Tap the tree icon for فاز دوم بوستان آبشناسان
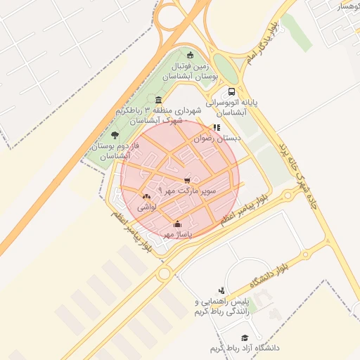[115, 135]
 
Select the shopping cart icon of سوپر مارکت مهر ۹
[186, 181]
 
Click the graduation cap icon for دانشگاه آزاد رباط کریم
[245, 338]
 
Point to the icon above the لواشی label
[146, 197]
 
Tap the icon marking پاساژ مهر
[176, 224]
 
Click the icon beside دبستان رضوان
[217, 128]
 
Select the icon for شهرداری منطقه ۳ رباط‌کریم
[157, 100]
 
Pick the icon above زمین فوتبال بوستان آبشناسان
[190, 56]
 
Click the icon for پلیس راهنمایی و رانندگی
[221, 290]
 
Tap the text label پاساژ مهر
[178, 233]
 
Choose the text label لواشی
[146, 207]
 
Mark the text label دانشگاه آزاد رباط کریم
[244, 348]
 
